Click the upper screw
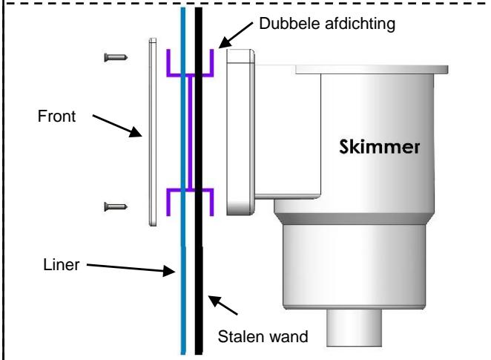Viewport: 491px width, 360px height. point(116,57)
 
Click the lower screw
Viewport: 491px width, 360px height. point(116,206)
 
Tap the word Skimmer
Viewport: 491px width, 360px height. point(380,147)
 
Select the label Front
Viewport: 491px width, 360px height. point(56,117)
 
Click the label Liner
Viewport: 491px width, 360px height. point(62,265)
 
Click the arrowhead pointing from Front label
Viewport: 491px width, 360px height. point(136,132)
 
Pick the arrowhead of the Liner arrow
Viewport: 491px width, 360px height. point(169,270)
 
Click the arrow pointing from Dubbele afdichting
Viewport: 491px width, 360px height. point(235,35)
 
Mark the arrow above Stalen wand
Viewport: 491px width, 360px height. point(223,305)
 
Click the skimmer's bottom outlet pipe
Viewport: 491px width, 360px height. point(355,327)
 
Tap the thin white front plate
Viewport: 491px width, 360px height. point(153,132)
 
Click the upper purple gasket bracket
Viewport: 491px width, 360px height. point(190,74)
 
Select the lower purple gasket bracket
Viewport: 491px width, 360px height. point(190,190)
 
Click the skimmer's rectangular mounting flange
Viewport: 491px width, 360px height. point(240,132)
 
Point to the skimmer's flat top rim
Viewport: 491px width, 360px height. point(372,70)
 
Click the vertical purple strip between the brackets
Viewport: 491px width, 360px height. point(190,132)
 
